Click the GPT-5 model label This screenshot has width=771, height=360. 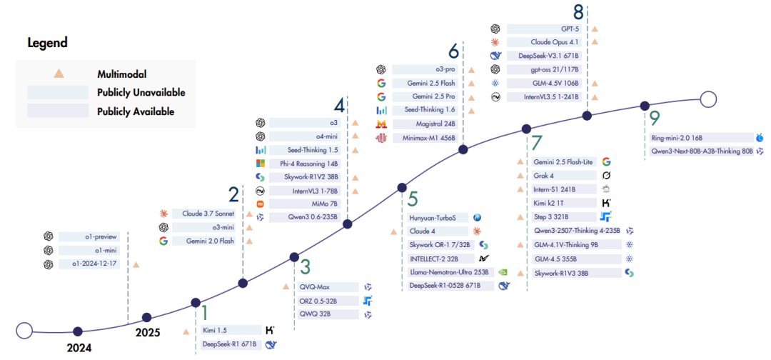point(548,29)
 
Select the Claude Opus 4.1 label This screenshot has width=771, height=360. point(548,42)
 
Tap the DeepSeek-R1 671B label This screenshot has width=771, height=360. point(228,344)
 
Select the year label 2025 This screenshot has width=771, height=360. point(148,332)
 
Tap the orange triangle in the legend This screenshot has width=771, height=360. point(60,73)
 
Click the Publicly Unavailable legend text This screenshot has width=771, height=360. point(141,92)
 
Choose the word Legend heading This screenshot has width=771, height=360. point(47,43)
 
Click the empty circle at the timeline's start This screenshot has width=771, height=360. point(24,330)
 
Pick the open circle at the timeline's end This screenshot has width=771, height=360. point(708,99)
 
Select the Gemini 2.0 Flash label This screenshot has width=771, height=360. point(213,241)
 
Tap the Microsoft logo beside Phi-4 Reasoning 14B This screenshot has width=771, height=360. point(261,164)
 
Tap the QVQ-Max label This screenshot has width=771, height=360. point(315,287)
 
